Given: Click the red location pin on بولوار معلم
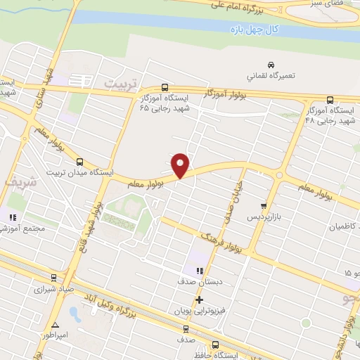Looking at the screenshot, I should click(x=181, y=165).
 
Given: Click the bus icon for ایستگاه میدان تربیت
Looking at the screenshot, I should click(x=79, y=161).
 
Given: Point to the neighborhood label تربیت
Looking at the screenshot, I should click(x=118, y=83).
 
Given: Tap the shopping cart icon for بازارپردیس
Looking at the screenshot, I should click(x=264, y=206).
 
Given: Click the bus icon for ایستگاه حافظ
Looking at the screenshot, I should click(x=215, y=345).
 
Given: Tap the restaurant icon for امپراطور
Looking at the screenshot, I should click(x=54, y=325).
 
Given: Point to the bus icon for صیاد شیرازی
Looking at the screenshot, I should click(x=54, y=278).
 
